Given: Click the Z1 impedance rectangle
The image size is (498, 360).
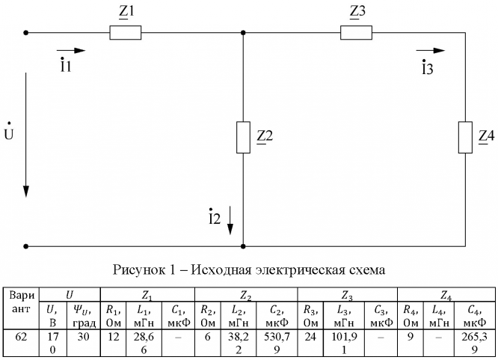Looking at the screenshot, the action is tap(125, 33).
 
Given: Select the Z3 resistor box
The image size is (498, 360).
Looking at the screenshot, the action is tap(356, 33).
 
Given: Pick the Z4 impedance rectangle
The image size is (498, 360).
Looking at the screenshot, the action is tap(466, 137).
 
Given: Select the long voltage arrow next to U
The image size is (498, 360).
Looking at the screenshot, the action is tap(27, 135).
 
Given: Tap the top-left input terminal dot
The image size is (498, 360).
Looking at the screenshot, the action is tap(27, 33).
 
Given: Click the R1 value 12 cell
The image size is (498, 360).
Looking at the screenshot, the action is tap(111, 338).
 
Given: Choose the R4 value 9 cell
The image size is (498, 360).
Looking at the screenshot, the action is tap(409, 338).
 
